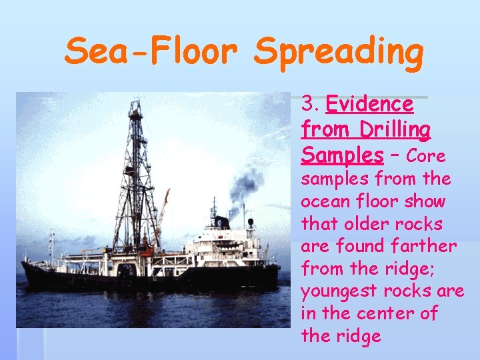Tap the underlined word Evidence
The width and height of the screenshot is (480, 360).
point(370,104)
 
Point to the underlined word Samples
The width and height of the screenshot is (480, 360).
point(342,155)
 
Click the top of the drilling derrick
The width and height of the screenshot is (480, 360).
point(136,103)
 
